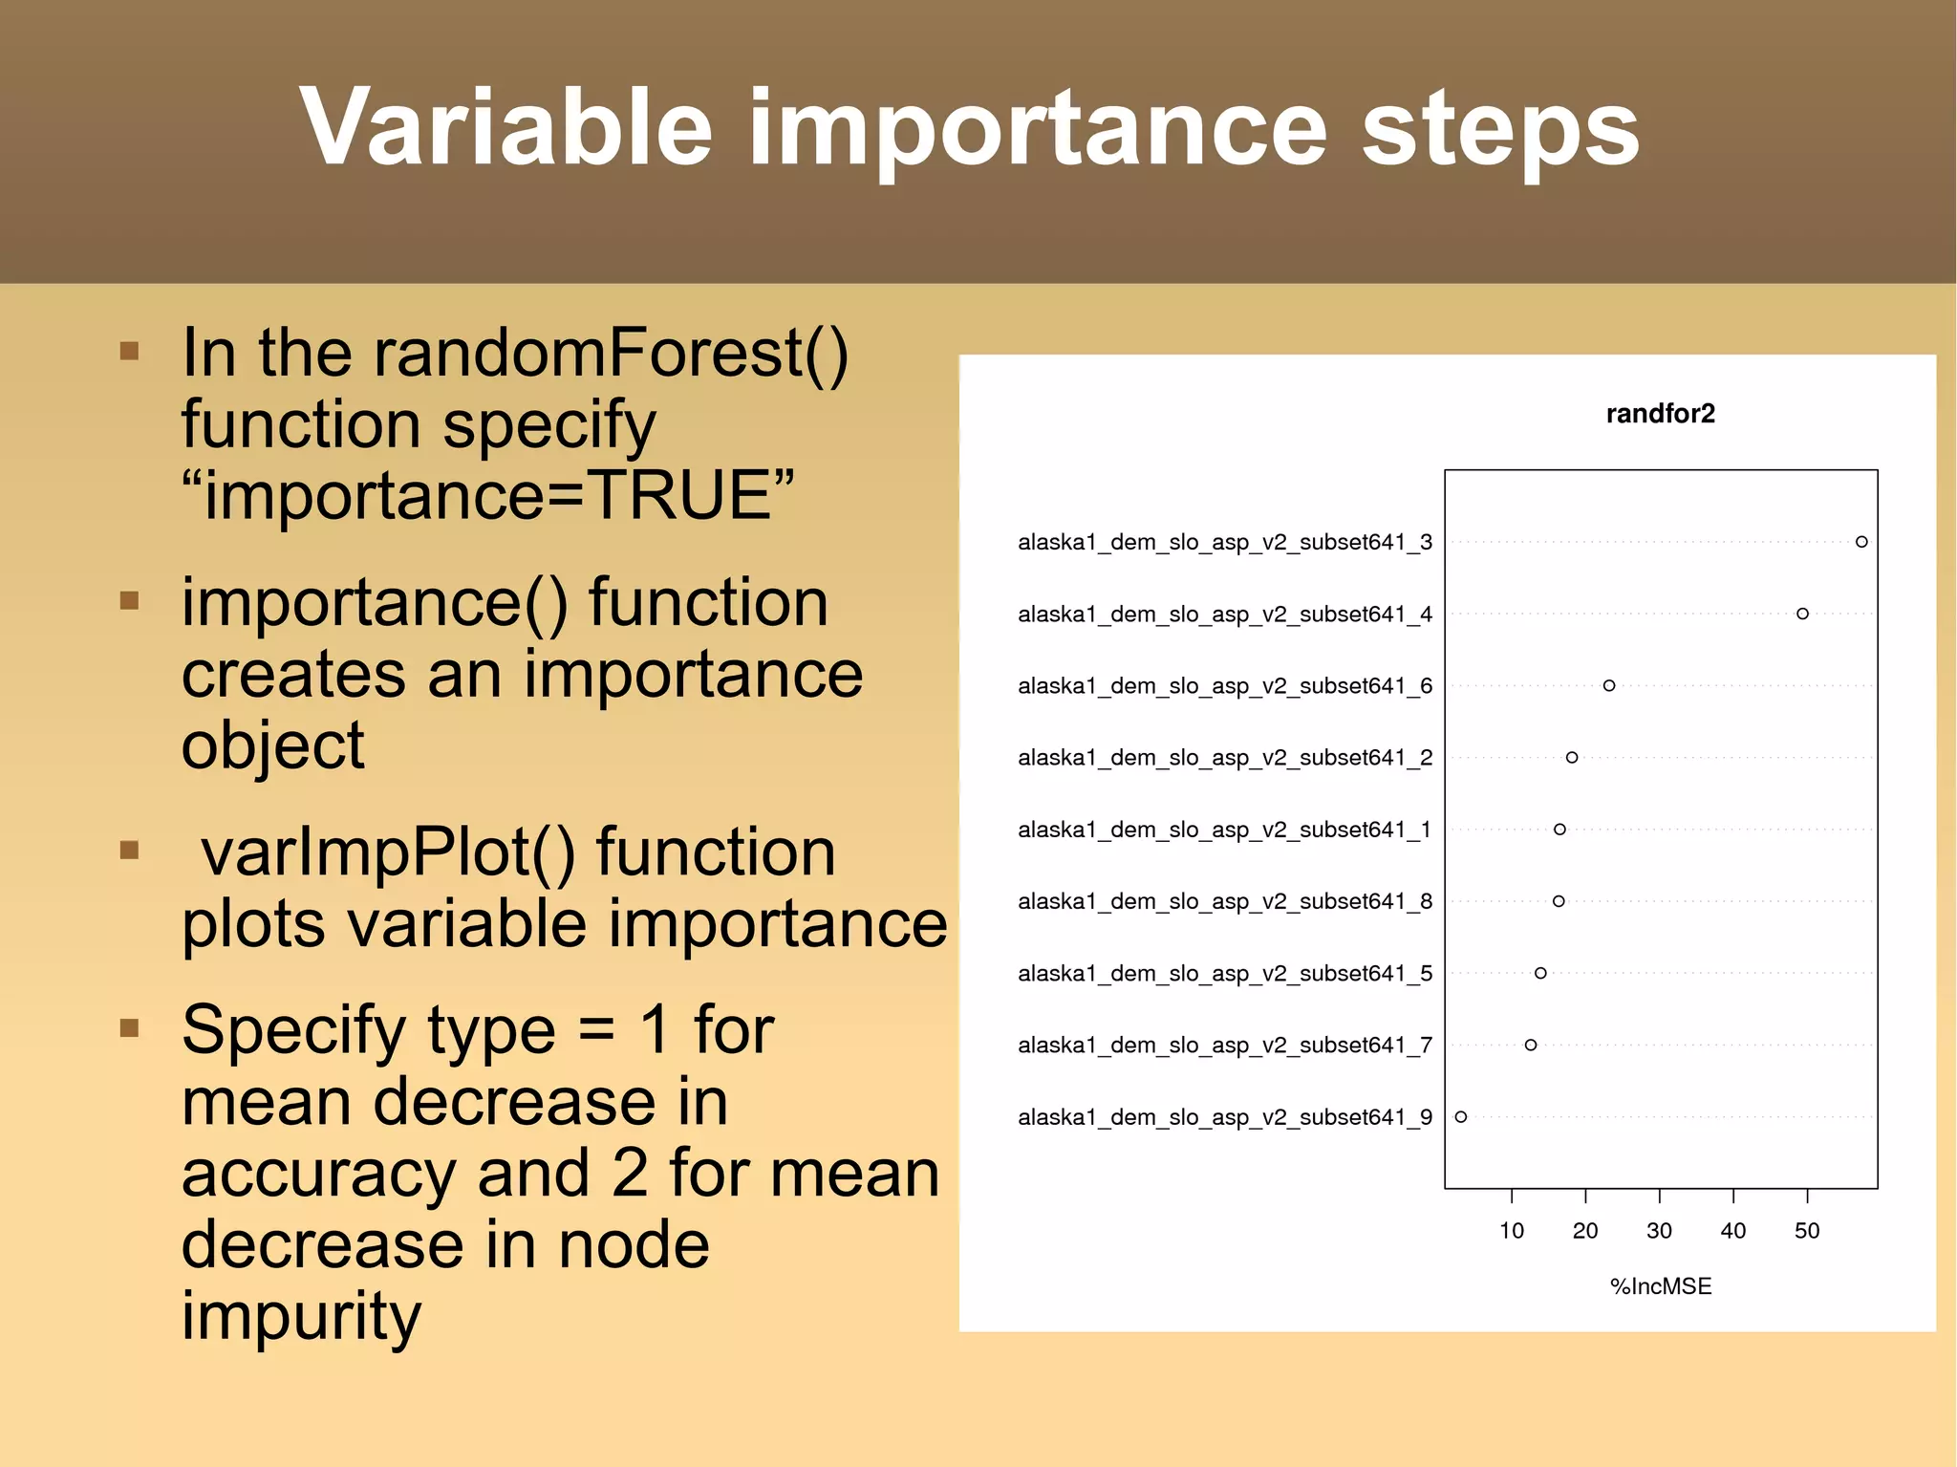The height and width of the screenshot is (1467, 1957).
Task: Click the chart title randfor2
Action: pos(1660,414)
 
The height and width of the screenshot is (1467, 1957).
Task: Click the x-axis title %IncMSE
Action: pos(1660,1286)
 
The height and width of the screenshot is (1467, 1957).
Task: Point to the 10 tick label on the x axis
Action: pos(1512,1231)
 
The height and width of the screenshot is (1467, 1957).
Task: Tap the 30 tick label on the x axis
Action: pos(1659,1231)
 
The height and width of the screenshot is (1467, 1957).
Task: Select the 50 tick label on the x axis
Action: pos(1807,1231)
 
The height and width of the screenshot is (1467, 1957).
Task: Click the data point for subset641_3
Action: pos(1861,542)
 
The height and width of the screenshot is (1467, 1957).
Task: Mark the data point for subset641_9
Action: pos(1461,1116)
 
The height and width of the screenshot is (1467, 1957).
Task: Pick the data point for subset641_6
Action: pos(1609,685)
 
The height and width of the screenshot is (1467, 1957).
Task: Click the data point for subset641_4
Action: pos(1802,614)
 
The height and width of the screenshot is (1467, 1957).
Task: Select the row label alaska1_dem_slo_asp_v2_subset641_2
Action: pos(1224,758)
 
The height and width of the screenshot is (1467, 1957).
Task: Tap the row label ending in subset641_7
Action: pos(1224,1046)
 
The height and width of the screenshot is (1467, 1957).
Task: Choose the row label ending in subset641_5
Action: pos(1224,974)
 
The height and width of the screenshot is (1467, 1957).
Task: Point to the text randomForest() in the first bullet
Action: pos(611,354)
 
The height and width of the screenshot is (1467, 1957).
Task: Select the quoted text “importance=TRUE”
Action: pos(487,495)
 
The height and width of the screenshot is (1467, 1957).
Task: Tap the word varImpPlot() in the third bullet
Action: pos(387,852)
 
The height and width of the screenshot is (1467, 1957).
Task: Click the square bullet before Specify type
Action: pos(130,1028)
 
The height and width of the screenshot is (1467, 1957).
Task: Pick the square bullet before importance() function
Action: pos(130,601)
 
